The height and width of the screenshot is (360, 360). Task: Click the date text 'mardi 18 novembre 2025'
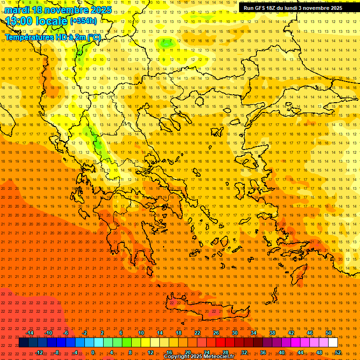[x=58, y=10]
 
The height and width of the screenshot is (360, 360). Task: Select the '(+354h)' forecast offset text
[x=83, y=21]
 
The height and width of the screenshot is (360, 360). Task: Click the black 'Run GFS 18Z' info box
[x=293, y=8]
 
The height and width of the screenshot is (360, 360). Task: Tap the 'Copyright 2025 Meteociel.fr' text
[x=205, y=357]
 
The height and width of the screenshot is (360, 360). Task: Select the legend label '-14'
[x=30, y=333]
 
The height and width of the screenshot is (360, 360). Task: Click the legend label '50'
[x=329, y=333]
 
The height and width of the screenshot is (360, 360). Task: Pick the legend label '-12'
[x=39, y=352]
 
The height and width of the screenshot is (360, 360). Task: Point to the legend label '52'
[x=338, y=352]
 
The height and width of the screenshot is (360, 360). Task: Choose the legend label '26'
[x=216, y=333]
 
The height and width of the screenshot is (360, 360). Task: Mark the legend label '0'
[x=93, y=352]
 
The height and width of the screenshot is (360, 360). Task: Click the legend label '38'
[x=272, y=333]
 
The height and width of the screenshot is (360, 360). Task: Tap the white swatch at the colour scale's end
[x=333, y=343]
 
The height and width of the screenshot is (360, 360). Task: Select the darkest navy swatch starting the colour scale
[x=23, y=343]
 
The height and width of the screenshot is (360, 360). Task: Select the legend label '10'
[x=141, y=333]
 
